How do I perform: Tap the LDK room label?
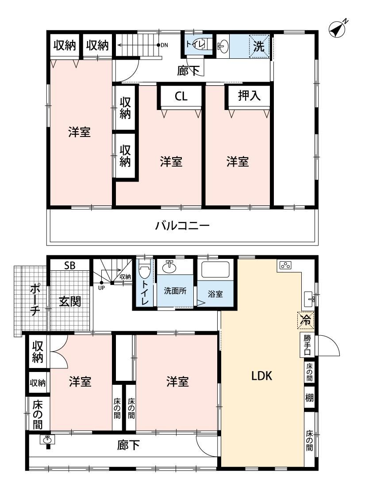point(261,376)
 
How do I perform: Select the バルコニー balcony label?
point(182,226)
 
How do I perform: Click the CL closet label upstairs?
point(181,96)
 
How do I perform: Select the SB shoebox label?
point(69,266)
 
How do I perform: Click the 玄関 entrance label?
point(70,301)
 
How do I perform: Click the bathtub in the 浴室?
point(215,270)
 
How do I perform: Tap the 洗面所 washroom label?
point(175,291)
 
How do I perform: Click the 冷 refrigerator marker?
point(306,320)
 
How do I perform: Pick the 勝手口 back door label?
point(307,344)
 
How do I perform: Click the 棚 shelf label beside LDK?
point(309,397)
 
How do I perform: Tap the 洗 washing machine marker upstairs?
point(259,46)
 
